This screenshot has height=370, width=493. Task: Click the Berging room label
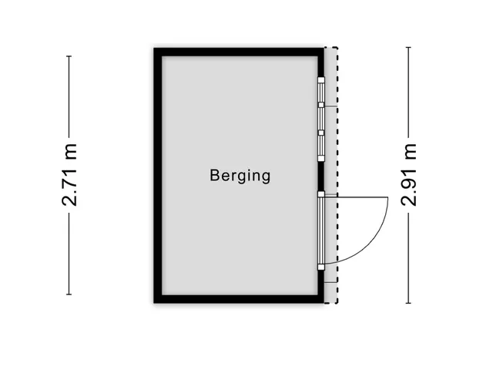pos(240,177)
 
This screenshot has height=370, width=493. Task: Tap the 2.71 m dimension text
pos(69,175)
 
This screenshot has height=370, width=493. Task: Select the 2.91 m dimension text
pos(409,175)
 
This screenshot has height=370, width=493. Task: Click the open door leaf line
pos(356,197)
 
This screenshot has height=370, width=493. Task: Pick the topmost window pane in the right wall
pos(321,92)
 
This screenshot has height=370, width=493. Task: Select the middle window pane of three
pos(321,119)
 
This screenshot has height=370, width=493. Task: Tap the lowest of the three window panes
pos(321,146)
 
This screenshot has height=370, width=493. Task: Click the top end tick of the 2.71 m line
pos(69,56)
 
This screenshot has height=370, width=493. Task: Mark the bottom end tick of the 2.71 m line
pos(69,294)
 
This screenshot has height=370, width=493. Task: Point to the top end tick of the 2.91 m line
pos(408,48)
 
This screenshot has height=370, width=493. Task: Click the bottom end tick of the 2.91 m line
pos(408,303)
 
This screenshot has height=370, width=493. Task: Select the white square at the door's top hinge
pos(321,194)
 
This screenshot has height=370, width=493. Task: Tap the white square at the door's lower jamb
pos(321,267)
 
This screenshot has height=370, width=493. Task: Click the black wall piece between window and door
pos(321,177)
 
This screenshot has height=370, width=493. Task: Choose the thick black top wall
pos(239,52)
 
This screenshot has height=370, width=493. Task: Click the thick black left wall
pos(158,176)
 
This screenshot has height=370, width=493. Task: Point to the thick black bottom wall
pos(239,299)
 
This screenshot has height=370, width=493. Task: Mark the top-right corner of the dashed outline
pos(337,48)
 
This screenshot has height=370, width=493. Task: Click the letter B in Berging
pos(214,176)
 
